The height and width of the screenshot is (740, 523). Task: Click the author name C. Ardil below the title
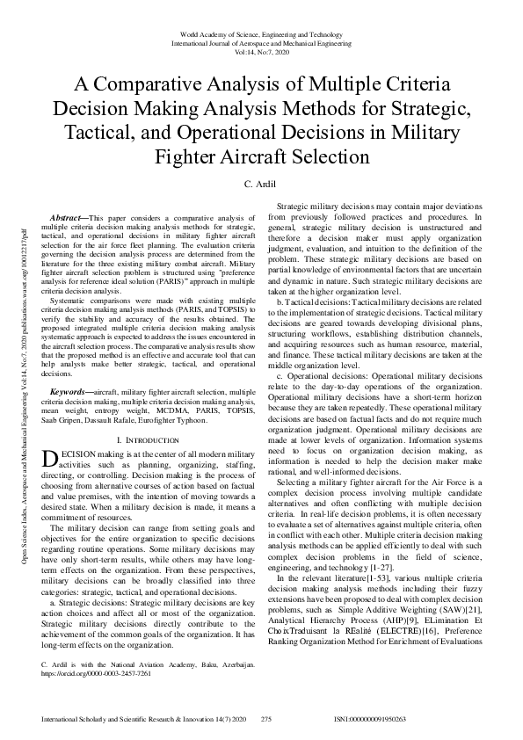click(261, 185)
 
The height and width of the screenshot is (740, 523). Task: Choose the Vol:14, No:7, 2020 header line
click(261, 51)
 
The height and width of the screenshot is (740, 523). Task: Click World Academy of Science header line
click(261, 32)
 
